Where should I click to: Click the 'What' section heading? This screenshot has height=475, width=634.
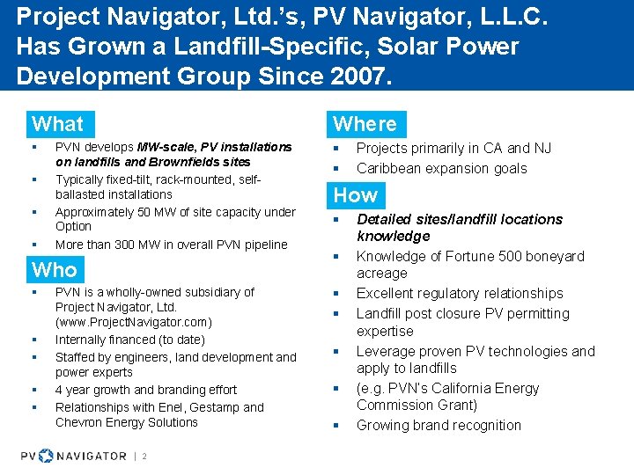(x=57, y=124)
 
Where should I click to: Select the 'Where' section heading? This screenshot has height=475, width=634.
(x=365, y=124)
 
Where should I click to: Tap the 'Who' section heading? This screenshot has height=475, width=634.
(x=55, y=269)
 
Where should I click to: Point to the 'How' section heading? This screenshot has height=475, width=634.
(x=355, y=195)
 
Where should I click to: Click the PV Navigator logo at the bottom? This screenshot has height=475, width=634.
(x=74, y=455)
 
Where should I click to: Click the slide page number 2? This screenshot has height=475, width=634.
(x=144, y=456)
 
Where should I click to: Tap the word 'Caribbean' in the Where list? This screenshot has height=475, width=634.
(x=390, y=168)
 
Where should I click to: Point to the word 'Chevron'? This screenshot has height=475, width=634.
(x=80, y=422)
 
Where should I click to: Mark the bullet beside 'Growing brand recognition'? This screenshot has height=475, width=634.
(x=335, y=426)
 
